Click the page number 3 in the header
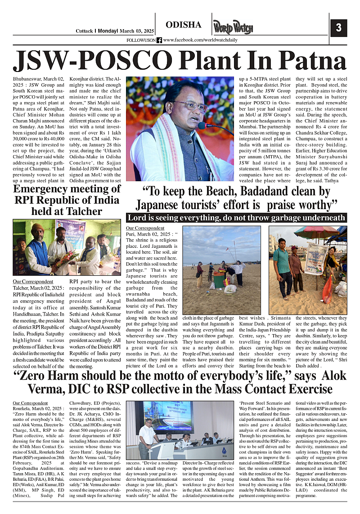pos(339,27)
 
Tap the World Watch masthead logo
pos(233,27)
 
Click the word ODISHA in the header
pos(184,25)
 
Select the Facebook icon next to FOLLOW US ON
pos(159,40)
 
